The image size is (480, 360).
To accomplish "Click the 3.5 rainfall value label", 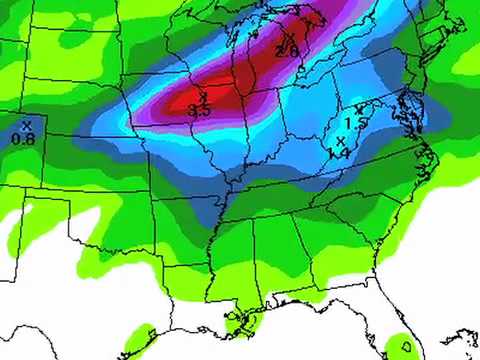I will click(198, 112).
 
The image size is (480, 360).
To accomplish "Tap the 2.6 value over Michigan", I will click(287, 51).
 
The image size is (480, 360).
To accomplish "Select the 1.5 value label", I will click(353, 123).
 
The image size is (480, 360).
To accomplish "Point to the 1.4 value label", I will click(339, 153).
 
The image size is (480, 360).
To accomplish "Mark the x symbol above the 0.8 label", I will click(26, 124).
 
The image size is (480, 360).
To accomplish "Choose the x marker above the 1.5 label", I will click(358, 109).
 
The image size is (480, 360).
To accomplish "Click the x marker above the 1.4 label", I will click(340, 140).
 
